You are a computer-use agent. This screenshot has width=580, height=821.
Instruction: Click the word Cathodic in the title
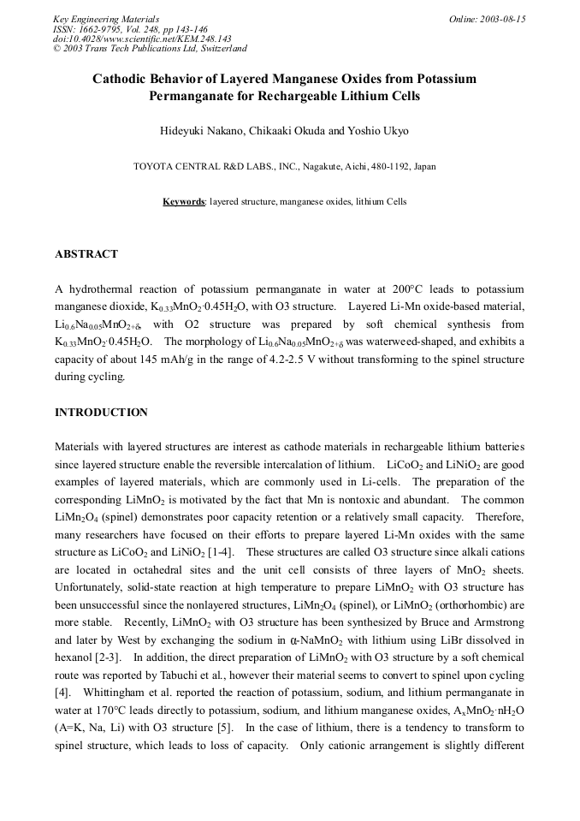pyautogui.click(x=123, y=79)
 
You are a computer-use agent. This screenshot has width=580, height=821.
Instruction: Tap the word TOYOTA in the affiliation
pyautogui.click(x=155, y=167)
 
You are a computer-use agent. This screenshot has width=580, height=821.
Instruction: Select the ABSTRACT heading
pyautogui.click(x=86, y=254)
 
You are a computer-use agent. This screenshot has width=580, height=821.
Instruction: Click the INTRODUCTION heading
pyautogui.click(x=101, y=413)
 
